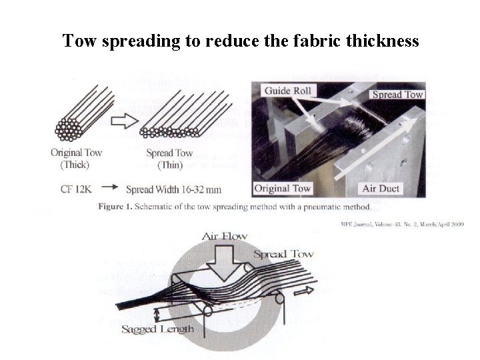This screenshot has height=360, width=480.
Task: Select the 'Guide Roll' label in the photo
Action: (x=287, y=91)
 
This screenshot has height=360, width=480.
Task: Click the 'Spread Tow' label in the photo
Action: (x=398, y=94)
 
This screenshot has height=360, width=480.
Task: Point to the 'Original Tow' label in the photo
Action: (x=283, y=188)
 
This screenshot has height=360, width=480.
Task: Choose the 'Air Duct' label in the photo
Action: (x=380, y=188)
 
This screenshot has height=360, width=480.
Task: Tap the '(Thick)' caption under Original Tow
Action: (x=76, y=164)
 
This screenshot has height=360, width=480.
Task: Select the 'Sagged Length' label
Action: (x=158, y=328)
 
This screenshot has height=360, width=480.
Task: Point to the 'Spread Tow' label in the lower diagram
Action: (x=283, y=253)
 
